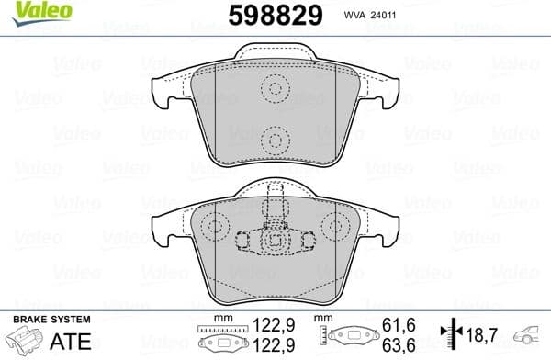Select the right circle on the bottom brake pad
click(332, 227)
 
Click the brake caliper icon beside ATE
click(25, 340)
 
